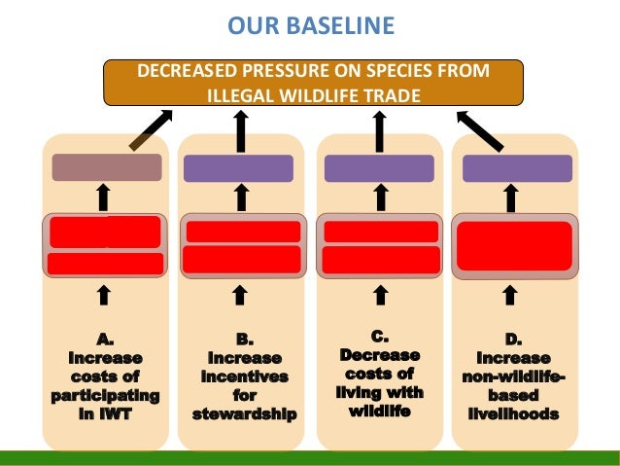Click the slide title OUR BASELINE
pos(312,22)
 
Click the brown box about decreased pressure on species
pos(313,84)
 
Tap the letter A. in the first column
pos(105,340)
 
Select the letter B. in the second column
pos(245,340)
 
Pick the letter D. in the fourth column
pos(513,340)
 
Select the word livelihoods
pos(512,414)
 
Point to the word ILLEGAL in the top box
pos(244,96)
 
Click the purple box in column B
pos(238,168)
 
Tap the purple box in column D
pos(516,168)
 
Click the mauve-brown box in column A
pos(106,167)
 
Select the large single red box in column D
pos(515,245)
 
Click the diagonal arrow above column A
pos(152,129)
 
